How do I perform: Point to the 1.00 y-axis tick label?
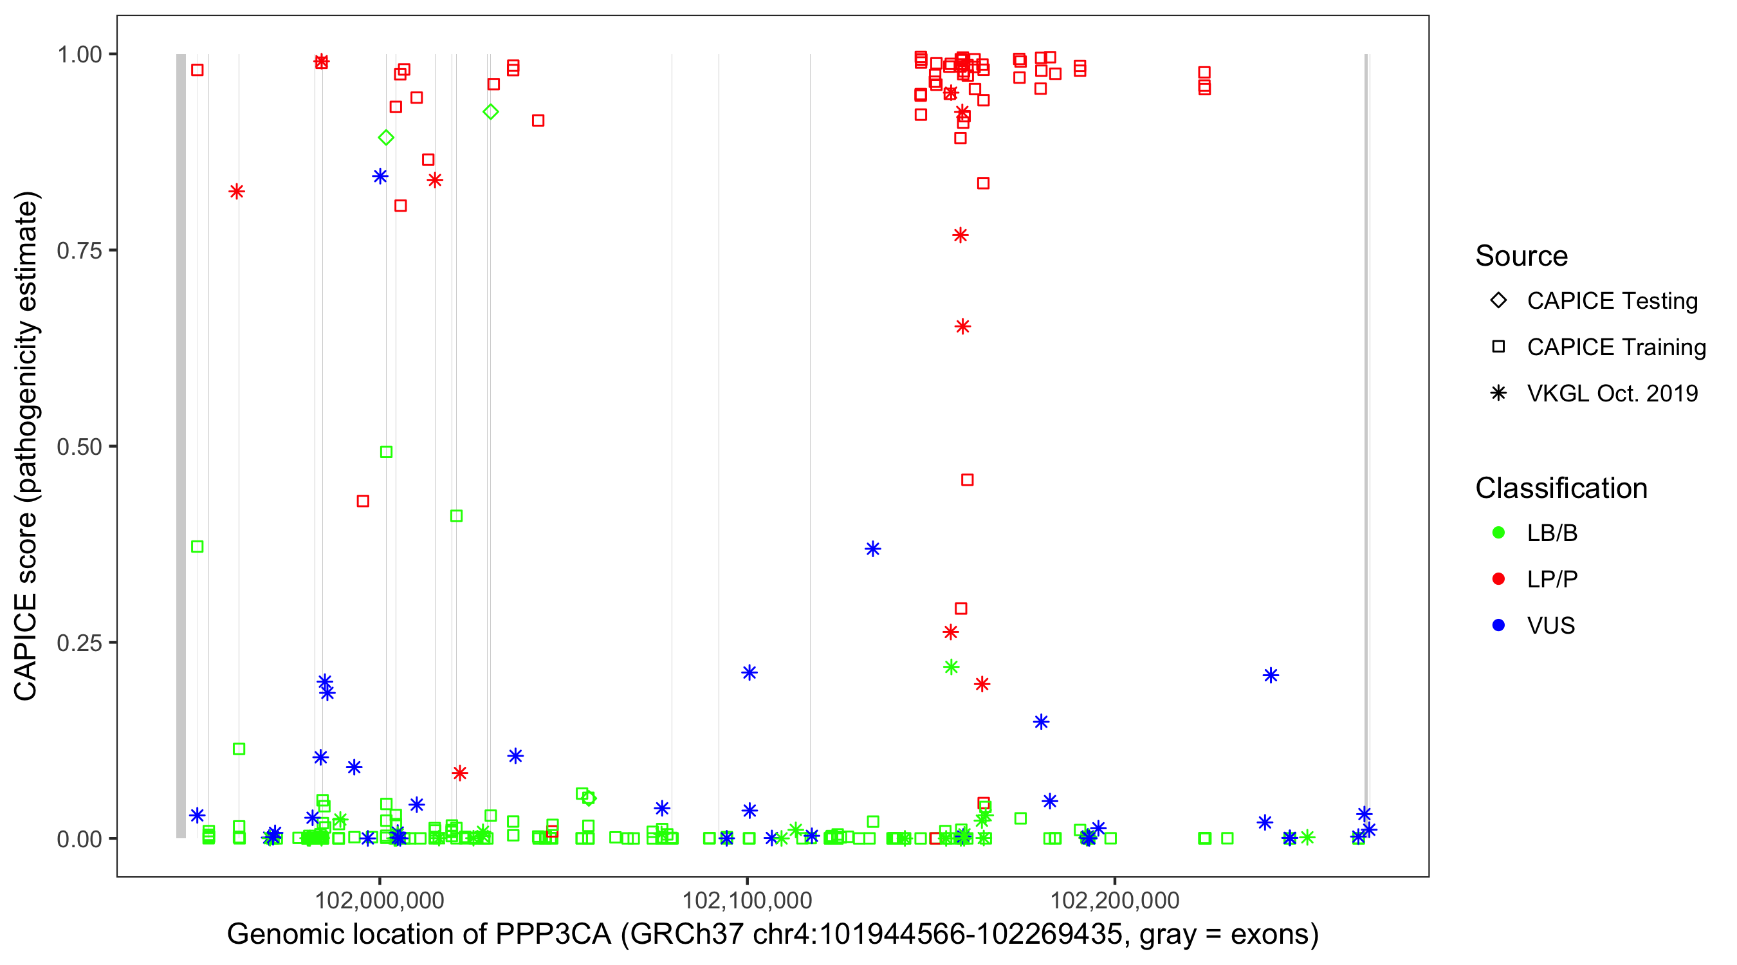(79, 54)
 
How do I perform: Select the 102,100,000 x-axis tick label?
(747, 900)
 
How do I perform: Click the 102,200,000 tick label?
(1115, 900)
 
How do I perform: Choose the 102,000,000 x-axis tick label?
(380, 900)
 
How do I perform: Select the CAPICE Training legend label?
(1616, 347)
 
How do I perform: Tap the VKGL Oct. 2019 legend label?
(1612, 394)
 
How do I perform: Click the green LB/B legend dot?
(1498, 533)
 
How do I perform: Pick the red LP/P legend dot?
(1498, 579)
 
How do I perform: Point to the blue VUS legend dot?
(1498, 625)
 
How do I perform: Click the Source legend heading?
(1521, 256)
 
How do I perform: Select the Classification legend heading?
(1561, 488)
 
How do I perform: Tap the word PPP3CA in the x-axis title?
(553, 935)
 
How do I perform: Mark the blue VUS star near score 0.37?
(872, 549)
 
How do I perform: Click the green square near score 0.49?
(387, 452)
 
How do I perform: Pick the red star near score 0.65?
(962, 327)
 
